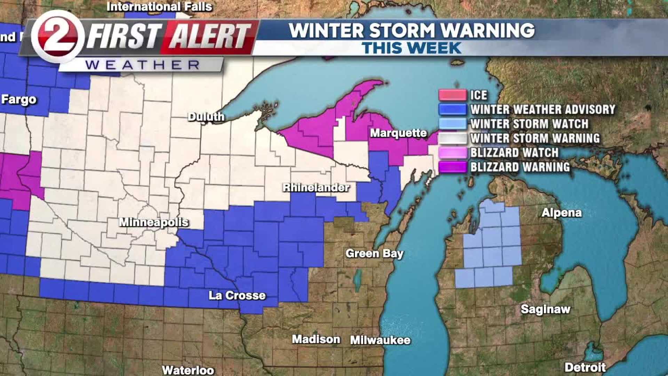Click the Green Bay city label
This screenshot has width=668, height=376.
374,253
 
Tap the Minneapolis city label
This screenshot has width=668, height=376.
154,222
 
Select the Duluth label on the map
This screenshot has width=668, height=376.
206,117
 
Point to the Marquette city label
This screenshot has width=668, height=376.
398,133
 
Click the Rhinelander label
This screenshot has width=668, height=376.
316,188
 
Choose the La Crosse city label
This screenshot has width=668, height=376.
237,296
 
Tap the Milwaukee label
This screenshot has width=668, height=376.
380,340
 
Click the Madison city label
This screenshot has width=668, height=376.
316,339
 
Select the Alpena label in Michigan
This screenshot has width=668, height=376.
562,213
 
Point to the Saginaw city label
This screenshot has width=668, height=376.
545,309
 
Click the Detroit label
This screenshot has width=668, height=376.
585,367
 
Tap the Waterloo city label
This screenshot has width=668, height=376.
188,370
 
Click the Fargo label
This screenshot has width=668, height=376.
19,100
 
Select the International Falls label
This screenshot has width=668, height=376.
159,7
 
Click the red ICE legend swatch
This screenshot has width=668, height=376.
452,95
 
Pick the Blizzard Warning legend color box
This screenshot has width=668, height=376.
452,167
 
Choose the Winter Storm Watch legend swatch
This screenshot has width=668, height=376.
452,124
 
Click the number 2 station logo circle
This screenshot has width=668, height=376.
57,36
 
